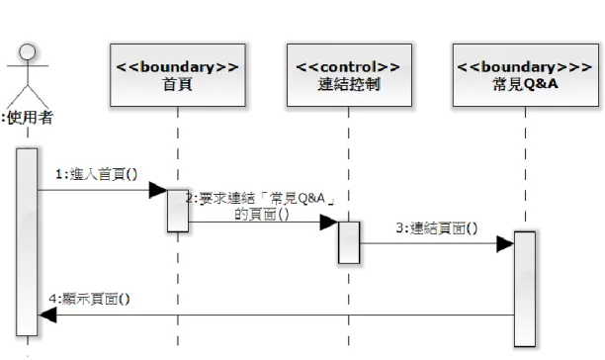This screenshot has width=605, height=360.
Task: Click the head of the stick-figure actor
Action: coord(28,51)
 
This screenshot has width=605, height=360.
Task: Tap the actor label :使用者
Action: coord(27,118)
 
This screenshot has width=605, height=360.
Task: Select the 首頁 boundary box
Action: coord(178,75)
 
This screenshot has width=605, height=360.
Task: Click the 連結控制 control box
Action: coord(349,75)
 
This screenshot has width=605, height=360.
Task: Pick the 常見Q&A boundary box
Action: coord(526,75)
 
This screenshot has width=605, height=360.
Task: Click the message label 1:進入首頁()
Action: coord(97,174)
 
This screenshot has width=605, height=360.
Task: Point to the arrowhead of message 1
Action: coord(158,190)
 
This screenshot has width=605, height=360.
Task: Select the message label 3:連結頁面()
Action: coord(437,228)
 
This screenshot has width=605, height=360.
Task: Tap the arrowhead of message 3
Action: coord(505,243)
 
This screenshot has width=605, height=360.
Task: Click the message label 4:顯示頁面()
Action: coord(90,299)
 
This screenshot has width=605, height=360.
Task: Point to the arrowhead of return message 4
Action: coord(47,315)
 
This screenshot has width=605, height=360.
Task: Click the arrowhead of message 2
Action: coord(329,223)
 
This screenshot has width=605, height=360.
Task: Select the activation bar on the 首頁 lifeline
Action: coord(178,211)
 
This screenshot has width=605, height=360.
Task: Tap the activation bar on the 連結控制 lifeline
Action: coord(349,242)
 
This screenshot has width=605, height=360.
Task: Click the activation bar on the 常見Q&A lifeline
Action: coord(525,289)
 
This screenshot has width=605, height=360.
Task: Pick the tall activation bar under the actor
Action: coord(27,242)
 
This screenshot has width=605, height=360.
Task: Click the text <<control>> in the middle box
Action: coord(348,67)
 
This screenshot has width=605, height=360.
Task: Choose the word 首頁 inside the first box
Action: coord(178,84)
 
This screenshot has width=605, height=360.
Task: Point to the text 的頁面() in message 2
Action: coord(262,215)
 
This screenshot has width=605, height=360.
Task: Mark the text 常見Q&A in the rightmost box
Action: coord(526,84)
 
